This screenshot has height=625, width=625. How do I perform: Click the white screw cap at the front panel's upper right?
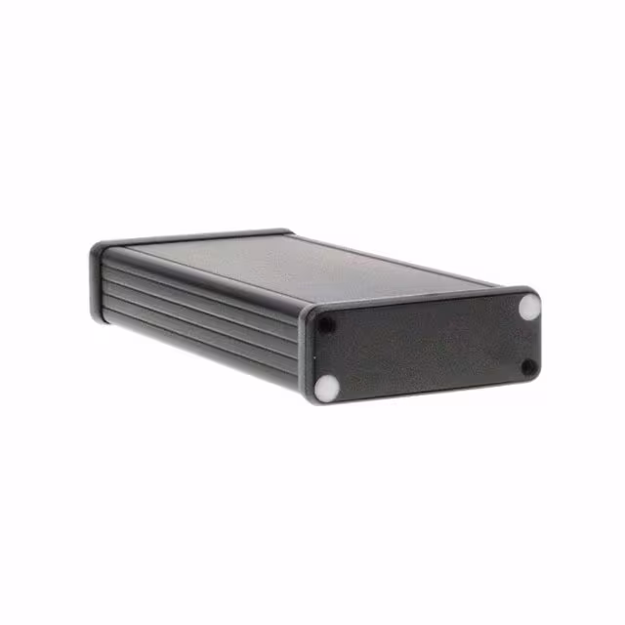(528, 307)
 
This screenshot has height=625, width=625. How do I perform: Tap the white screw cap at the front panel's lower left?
(328, 388)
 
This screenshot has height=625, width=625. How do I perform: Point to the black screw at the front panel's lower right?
(528, 367)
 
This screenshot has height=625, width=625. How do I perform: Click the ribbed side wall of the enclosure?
(195, 312)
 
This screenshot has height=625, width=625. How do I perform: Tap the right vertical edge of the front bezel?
(540, 337)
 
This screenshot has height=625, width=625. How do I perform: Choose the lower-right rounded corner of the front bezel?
(536, 376)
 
